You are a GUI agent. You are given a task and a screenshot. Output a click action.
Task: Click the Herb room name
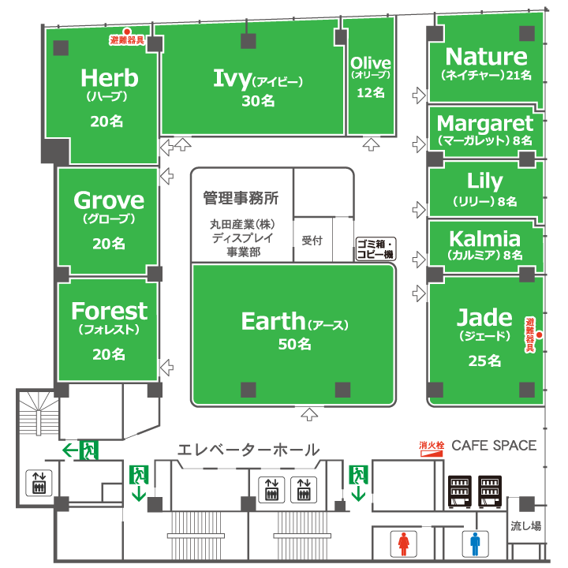pos(109,78)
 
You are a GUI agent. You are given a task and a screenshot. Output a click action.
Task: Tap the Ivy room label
pos(232,77)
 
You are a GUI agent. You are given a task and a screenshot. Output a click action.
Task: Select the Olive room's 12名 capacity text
pos(371,92)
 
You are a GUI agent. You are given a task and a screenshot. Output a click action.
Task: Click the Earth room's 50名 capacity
pos(293,344)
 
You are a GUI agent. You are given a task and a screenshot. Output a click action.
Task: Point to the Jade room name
pos(484,317)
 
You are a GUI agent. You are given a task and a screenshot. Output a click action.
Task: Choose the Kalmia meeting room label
pos(484,238)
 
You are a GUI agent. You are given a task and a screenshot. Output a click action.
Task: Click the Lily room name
pos(484,181)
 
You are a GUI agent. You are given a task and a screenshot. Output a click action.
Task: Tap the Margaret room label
pos(484,123)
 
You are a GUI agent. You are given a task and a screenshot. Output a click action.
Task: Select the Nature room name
pos(486,56)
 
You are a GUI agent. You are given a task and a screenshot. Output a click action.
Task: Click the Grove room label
pos(109,200)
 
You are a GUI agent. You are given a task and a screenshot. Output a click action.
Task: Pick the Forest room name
pos(109,311)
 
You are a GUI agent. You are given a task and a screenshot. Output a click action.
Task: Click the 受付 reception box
pos(312,239)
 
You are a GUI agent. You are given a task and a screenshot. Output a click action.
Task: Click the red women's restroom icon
pos(405,544)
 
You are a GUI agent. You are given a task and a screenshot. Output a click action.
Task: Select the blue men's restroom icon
pos(475,544)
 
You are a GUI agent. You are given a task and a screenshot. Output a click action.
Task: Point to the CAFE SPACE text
pos(494,445)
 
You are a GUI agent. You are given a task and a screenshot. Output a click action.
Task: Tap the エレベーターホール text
pos(248,450)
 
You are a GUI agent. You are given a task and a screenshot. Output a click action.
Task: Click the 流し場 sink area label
pos(525,526)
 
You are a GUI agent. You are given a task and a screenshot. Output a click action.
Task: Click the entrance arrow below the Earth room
pos(310,413)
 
